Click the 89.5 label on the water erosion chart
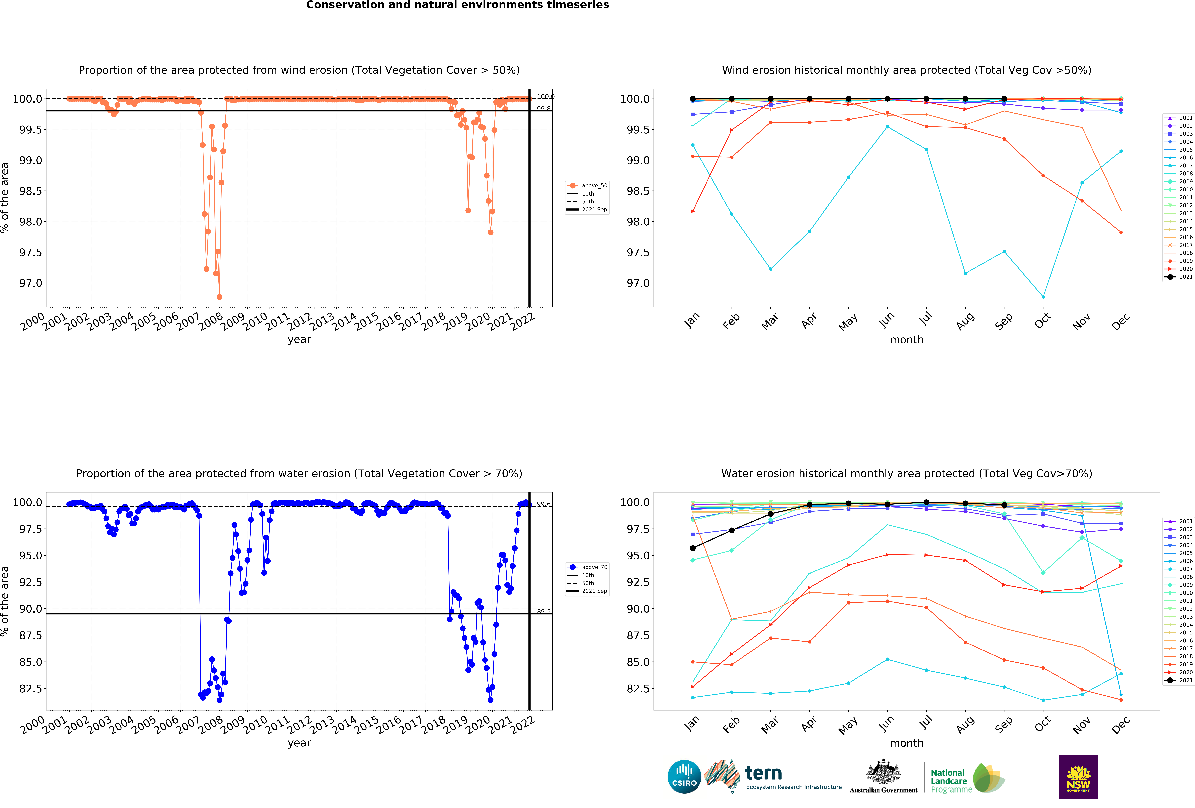543,611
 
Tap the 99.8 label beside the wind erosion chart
543,109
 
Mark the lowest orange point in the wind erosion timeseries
220,297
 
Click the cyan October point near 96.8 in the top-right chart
1043,297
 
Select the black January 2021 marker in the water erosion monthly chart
693,548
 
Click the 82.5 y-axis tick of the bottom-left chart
31,689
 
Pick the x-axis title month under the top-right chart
907,340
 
